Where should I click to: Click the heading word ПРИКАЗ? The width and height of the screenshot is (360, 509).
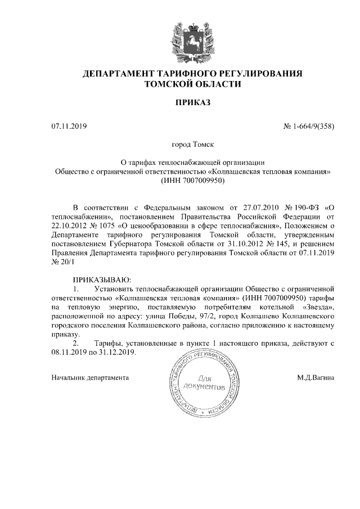(x=192, y=103)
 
